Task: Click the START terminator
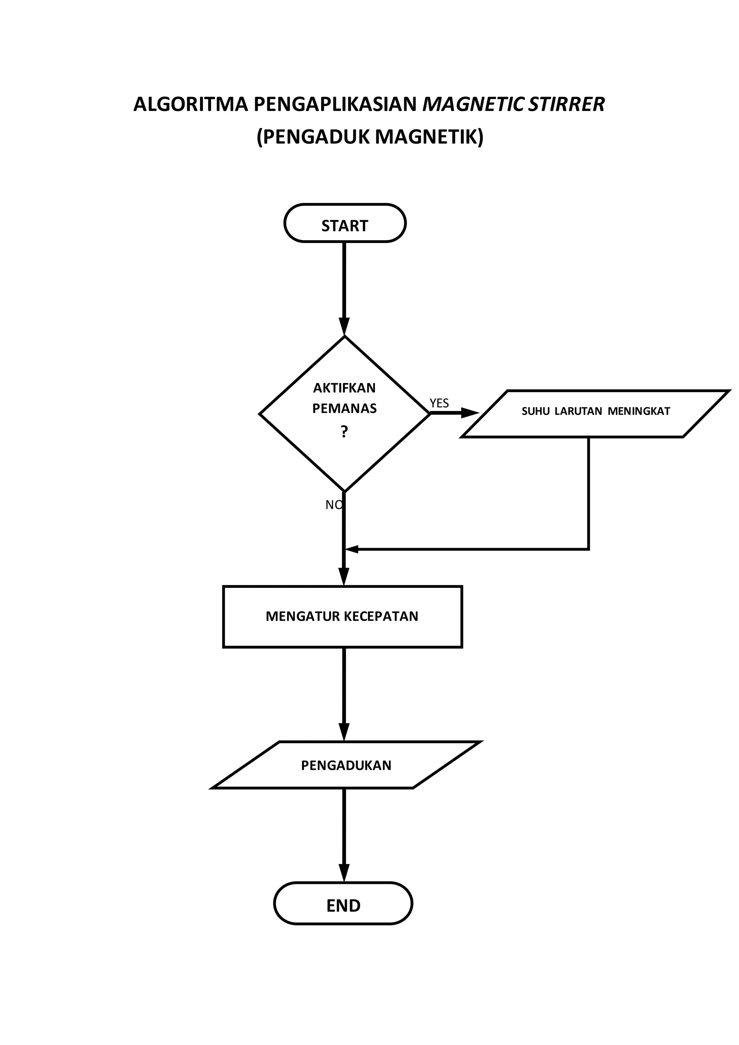pyautogui.click(x=345, y=223)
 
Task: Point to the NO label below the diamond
pyautogui.click(x=333, y=504)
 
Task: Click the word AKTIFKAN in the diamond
pyautogui.click(x=345, y=388)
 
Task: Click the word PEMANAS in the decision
pyautogui.click(x=345, y=408)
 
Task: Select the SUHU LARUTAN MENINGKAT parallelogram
pyautogui.click(x=595, y=413)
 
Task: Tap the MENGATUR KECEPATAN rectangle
pyautogui.click(x=342, y=616)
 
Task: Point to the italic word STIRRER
pyautogui.click(x=567, y=105)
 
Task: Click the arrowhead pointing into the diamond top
pyautogui.click(x=345, y=327)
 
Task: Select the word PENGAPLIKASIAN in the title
pyautogui.click(x=335, y=105)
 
